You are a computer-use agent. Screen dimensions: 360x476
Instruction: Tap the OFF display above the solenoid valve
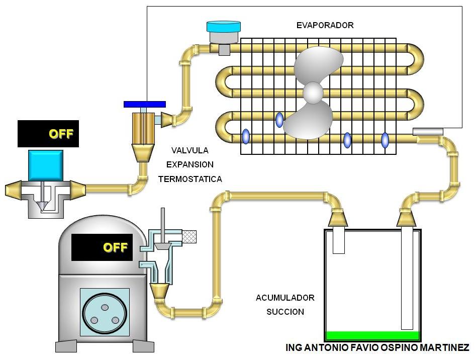(48, 134)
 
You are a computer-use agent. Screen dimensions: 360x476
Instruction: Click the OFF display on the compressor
(102, 247)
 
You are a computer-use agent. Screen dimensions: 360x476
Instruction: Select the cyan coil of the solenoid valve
(46, 165)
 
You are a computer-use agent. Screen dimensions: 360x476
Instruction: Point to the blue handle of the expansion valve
(144, 104)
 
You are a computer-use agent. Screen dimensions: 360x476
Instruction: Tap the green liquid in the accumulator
(372, 335)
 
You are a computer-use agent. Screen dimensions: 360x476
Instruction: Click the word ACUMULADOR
(285, 298)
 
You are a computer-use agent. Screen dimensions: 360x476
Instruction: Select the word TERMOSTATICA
(190, 178)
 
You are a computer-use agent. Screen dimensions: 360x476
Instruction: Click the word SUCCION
(285, 312)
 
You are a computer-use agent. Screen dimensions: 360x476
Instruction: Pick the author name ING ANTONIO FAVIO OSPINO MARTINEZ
(377, 348)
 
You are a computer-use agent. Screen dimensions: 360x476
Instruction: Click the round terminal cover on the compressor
(105, 314)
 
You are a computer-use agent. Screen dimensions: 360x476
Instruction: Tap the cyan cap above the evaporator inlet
(224, 27)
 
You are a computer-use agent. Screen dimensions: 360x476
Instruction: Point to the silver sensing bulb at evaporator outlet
(428, 132)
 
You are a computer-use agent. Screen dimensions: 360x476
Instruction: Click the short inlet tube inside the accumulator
(338, 240)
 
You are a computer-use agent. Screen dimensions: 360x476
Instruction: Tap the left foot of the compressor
(66, 346)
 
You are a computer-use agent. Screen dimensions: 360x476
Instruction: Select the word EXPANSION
(190, 164)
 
